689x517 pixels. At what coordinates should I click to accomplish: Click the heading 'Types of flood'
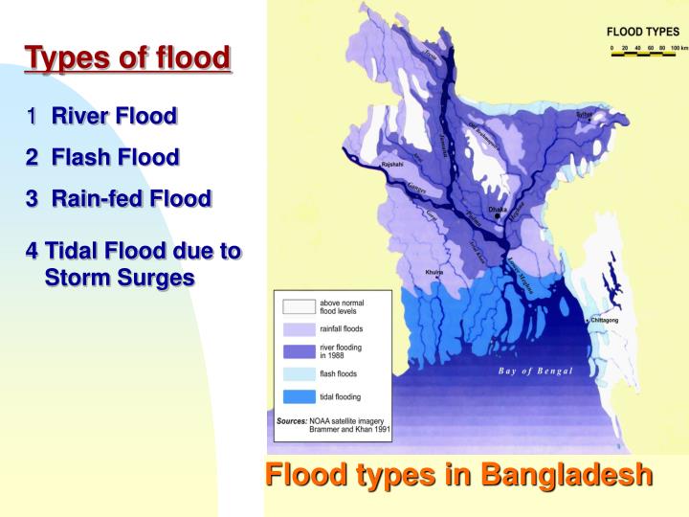click(x=127, y=57)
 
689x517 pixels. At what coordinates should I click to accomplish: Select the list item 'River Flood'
click(x=114, y=117)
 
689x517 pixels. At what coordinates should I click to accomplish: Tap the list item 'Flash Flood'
click(x=115, y=157)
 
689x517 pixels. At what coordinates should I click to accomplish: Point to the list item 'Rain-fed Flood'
click(x=131, y=198)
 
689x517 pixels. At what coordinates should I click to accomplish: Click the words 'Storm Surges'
click(x=120, y=278)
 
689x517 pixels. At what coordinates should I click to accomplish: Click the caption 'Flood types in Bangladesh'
click(x=458, y=474)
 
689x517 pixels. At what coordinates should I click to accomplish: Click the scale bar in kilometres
click(x=643, y=48)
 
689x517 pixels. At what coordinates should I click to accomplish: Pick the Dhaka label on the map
click(x=498, y=209)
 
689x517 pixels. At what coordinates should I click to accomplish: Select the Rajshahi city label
click(x=392, y=165)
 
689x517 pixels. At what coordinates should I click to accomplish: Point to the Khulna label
click(x=434, y=273)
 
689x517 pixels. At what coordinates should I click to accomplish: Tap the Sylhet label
click(x=584, y=114)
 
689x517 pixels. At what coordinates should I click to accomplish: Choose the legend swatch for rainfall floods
click(x=297, y=328)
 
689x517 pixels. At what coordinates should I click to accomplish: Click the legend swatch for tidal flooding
click(x=297, y=396)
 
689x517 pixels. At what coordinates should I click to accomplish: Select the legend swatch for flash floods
click(x=297, y=373)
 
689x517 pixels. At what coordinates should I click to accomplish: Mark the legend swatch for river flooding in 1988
click(x=297, y=350)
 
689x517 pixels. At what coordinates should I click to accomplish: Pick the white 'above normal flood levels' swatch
click(x=297, y=306)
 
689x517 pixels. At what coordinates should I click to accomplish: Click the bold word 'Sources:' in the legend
click(x=291, y=421)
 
